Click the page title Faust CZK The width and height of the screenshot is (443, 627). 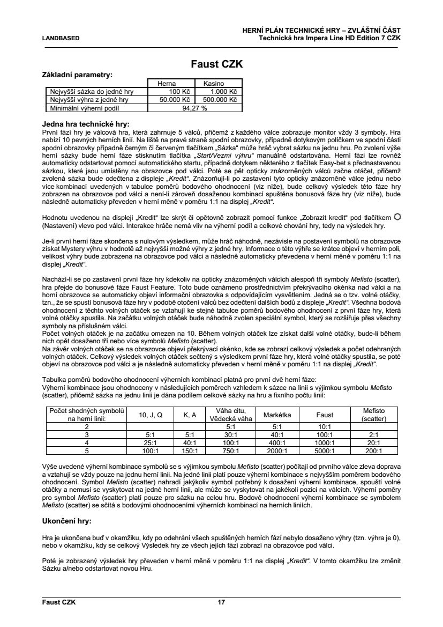217,64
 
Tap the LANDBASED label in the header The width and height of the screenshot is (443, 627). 61,38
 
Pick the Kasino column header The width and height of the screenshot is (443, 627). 213,84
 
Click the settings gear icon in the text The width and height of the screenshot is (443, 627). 397,216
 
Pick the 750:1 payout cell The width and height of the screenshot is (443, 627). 230,451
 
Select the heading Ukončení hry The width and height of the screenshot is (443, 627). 66,520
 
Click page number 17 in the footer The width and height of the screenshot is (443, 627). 221,602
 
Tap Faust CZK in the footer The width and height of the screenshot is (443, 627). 59,602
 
